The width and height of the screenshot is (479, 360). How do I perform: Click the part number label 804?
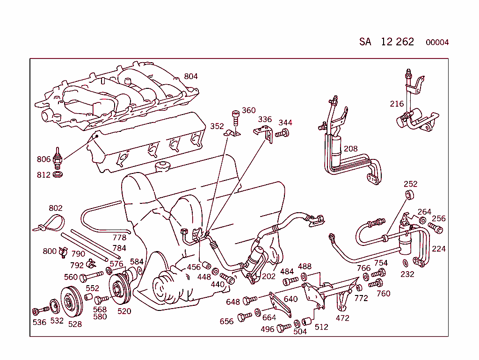191,76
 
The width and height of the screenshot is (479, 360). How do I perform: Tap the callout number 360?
249,110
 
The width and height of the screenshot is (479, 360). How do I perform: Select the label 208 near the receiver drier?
350,149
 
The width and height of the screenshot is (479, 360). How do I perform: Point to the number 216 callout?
397,104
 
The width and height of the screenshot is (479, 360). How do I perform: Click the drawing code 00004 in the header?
437,43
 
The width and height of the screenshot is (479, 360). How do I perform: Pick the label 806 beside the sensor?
44,159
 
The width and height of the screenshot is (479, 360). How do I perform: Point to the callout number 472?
342,318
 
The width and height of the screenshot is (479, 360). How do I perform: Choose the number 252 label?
410,184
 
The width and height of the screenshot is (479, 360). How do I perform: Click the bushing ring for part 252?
410,195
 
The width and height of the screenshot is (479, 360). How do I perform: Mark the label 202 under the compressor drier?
269,276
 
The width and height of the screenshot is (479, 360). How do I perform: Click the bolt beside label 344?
282,134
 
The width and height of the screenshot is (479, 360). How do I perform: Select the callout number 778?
119,238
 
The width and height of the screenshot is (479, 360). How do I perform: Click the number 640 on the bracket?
290,299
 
